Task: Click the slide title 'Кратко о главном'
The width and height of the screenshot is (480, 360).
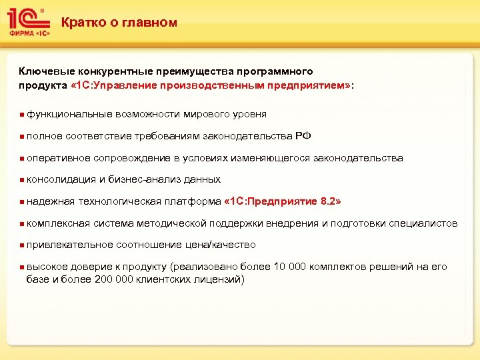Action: [x=119, y=23]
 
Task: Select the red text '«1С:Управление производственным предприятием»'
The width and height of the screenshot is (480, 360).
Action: [x=211, y=85]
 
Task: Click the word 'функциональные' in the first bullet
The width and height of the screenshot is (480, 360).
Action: [x=66, y=114]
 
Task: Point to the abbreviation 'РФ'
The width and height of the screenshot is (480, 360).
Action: [x=302, y=136]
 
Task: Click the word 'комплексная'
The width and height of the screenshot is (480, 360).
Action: [x=58, y=223]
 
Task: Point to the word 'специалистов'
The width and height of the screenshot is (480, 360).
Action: [x=426, y=223]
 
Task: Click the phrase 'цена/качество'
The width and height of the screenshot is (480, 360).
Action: [x=224, y=245]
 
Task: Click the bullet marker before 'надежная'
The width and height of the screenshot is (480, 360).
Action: [x=22, y=201]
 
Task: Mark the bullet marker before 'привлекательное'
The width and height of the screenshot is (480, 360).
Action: [x=22, y=245]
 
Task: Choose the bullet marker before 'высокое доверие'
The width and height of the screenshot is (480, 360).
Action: [x=22, y=267]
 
